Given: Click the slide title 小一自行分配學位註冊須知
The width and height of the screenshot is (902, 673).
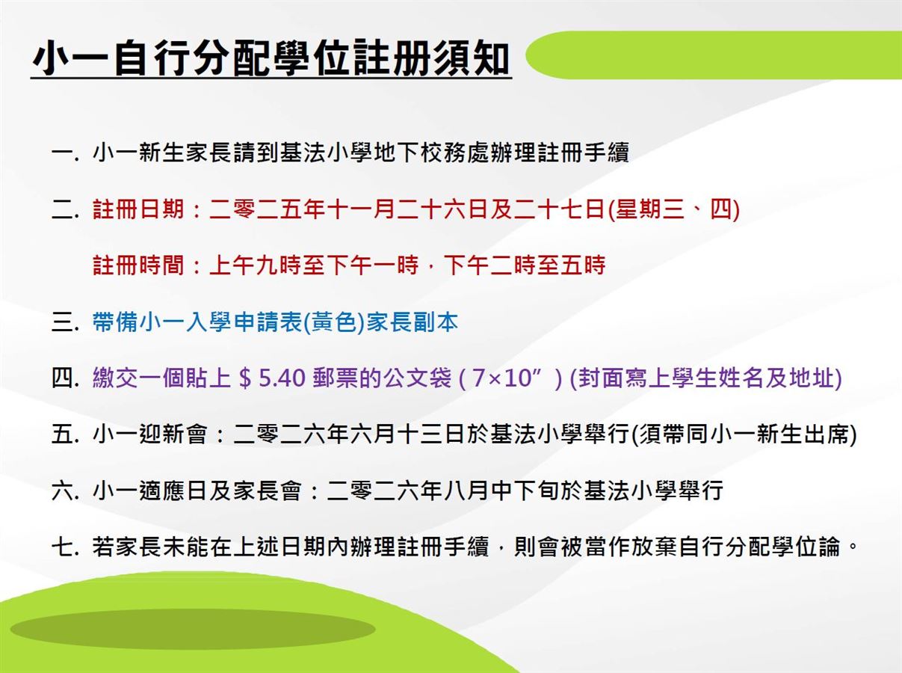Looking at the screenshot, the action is tap(271, 58).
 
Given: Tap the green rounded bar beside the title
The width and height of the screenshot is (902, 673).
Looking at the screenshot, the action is tap(714, 55).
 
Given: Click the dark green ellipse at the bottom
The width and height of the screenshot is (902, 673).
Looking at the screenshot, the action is tap(193, 630).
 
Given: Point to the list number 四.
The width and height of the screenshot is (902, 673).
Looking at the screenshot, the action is tap(65, 378).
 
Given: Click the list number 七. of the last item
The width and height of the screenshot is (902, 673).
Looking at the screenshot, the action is tap(65, 547).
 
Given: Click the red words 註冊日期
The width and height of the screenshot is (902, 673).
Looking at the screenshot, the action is tap(138, 209).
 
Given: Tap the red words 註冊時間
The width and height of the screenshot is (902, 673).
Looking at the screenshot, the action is tap(138, 265).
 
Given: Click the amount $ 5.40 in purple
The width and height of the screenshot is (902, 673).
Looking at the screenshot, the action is tap(271, 378).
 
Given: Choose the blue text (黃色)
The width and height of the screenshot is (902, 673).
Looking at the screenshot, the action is tap(334, 322).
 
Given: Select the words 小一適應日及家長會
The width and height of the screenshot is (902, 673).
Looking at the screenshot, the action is tap(197, 491).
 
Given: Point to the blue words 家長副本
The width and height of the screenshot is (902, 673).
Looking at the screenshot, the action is tap(413, 322).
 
